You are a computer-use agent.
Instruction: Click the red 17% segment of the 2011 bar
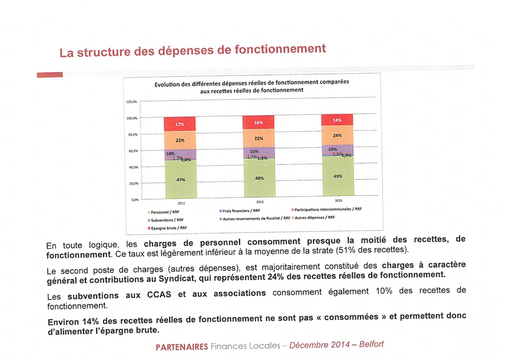click(x=180, y=123)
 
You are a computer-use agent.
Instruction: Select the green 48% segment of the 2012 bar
click(x=258, y=178)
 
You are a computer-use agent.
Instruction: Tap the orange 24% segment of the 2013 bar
click(x=337, y=135)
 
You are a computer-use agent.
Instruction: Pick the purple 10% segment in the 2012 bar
click(x=258, y=151)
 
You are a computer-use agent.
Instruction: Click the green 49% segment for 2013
click(x=337, y=177)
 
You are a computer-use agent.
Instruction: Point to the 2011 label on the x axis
click(x=180, y=203)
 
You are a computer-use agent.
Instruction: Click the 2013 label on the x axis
click(x=337, y=200)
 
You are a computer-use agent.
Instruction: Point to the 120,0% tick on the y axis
click(x=132, y=102)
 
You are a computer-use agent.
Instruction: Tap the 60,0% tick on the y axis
click(x=132, y=151)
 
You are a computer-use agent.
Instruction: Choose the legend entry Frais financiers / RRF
click(x=241, y=211)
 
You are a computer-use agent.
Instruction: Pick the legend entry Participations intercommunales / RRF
click(x=329, y=209)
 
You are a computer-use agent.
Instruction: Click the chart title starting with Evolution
click(x=251, y=85)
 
